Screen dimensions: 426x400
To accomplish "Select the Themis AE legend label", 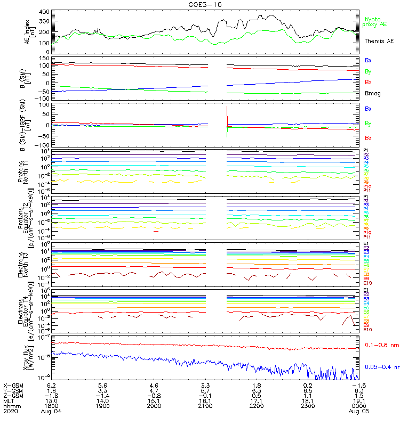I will [x=379, y=41].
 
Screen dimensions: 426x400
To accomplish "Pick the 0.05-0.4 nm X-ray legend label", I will [x=381, y=367].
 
